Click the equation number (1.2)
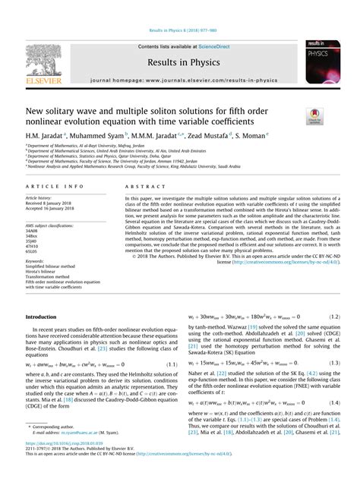(x=330, y=317)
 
